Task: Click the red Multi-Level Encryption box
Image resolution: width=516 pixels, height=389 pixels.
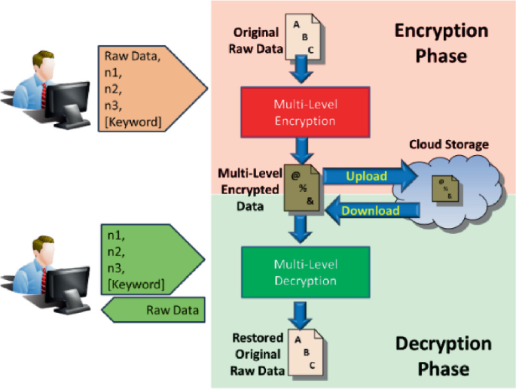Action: click(305, 112)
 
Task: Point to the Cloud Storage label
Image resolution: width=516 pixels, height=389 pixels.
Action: click(449, 144)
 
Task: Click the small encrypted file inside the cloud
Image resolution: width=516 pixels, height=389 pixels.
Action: click(445, 187)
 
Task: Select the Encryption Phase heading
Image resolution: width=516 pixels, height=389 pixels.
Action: click(441, 43)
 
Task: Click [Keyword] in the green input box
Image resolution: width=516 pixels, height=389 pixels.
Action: click(136, 284)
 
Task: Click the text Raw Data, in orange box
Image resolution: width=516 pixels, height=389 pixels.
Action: click(133, 56)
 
